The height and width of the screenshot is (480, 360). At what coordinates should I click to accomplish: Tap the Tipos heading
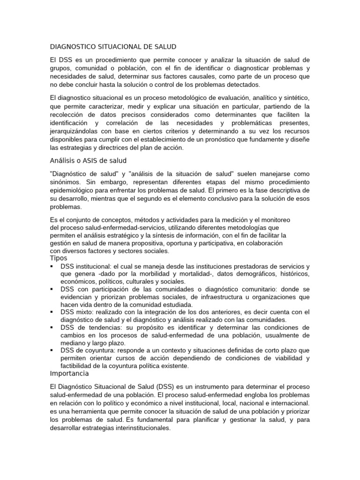pyautogui.click(x=59, y=258)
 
